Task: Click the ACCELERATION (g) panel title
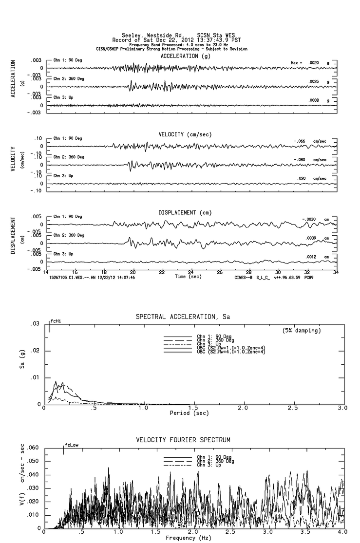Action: (187, 56)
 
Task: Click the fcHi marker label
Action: (56, 321)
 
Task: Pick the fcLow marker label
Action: (71, 445)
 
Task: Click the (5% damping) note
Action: (302, 331)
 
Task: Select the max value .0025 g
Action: (315, 81)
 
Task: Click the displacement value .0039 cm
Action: (312, 238)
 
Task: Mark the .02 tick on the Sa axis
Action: (36, 351)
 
